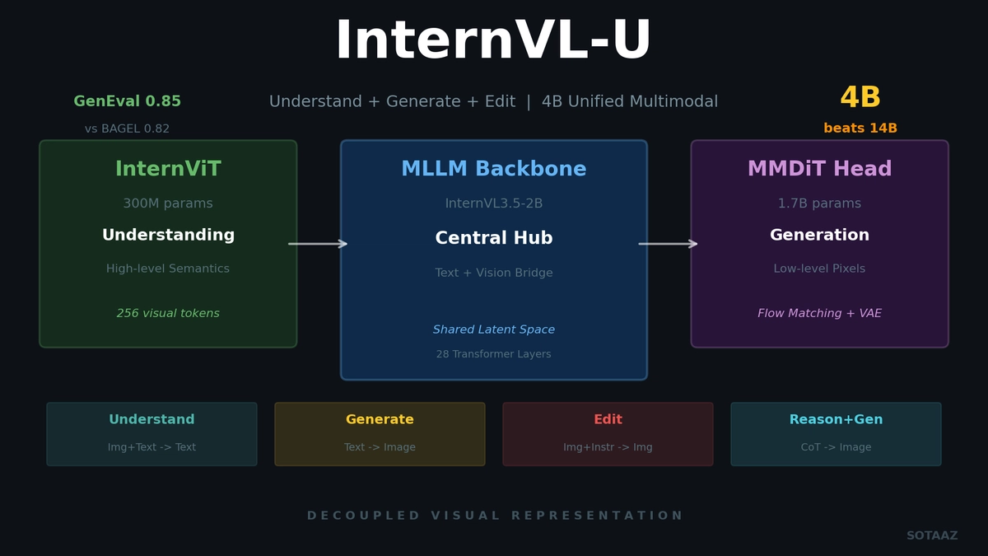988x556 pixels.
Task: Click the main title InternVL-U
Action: pyautogui.click(x=493, y=42)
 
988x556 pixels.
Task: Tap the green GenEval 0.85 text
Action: pyautogui.click(x=128, y=102)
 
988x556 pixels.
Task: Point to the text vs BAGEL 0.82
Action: pyautogui.click(x=127, y=129)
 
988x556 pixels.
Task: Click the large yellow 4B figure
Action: pyautogui.click(x=860, y=98)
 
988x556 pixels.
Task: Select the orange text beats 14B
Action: pyautogui.click(x=860, y=128)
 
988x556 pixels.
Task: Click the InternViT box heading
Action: pyautogui.click(x=168, y=170)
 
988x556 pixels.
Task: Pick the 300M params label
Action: pyautogui.click(x=168, y=203)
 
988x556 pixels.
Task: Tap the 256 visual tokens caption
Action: pyautogui.click(x=168, y=314)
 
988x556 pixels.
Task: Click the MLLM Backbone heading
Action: pyautogui.click(x=494, y=170)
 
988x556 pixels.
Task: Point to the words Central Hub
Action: pyautogui.click(x=494, y=239)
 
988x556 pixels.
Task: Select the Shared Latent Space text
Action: pyautogui.click(x=494, y=330)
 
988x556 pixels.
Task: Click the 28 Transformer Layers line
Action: pyautogui.click(x=494, y=355)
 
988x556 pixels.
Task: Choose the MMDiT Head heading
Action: pyautogui.click(x=819, y=170)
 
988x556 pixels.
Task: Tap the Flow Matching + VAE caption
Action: pyautogui.click(x=819, y=314)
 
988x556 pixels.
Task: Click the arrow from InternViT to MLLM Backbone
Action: pyautogui.click(x=318, y=244)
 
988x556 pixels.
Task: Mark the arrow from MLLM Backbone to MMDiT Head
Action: pyautogui.click(x=668, y=244)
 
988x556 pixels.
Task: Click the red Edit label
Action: pyautogui.click(x=608, y=420)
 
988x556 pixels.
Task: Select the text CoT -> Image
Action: pyautogui.click(x=836, y=448)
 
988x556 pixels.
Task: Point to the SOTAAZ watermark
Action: pyautogui.click(x=932, y=536)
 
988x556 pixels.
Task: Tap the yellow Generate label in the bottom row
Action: pyautogui.click(x=380, y=420)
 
